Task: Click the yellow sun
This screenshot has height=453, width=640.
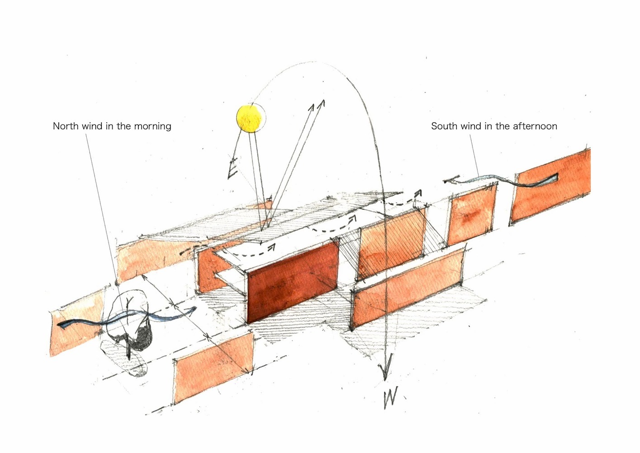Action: click(249, 118)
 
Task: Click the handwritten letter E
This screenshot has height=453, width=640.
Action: click(232, 169)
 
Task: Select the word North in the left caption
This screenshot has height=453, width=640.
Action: click(66, 126)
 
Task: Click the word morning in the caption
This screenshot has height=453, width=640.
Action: click(152, 126)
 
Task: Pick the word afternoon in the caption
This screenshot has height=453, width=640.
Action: click(535, 126)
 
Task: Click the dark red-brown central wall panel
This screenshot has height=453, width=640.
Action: click(292, 283)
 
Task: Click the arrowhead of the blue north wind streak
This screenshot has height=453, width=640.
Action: click(191, 310)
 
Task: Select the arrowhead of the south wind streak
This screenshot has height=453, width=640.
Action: click(450, 180)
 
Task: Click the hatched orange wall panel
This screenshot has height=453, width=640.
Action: click(391, 244)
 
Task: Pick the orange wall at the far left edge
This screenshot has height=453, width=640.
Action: click(76, 322)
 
